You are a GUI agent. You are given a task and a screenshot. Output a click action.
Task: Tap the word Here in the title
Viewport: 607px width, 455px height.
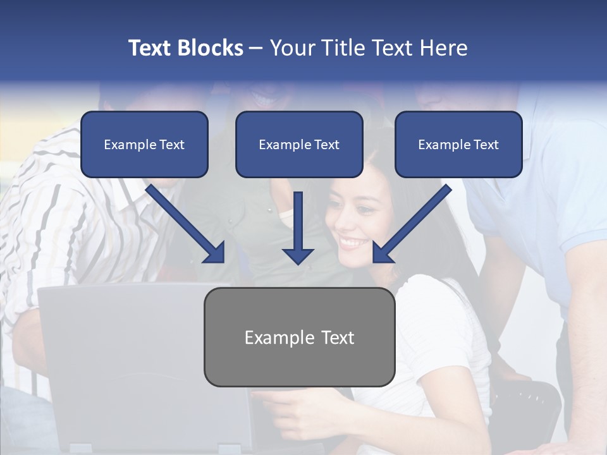tap(443, 48)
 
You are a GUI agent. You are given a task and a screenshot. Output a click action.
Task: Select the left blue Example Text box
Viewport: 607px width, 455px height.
tap(144, 145)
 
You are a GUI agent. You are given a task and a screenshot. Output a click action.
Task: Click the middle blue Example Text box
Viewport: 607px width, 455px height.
tap(299, 145)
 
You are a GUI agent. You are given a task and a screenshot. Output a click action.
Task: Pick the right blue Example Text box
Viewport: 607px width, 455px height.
tap(458, 145)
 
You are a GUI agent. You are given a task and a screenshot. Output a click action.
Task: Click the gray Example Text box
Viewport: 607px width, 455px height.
tap(299, 337)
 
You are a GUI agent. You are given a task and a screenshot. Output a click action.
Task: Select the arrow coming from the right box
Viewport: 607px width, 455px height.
tap(411, 224)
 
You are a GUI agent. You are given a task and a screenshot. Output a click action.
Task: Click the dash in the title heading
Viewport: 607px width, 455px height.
tap(256, 49)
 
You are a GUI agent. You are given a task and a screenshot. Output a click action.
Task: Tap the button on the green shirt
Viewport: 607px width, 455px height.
tap(269, 209)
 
